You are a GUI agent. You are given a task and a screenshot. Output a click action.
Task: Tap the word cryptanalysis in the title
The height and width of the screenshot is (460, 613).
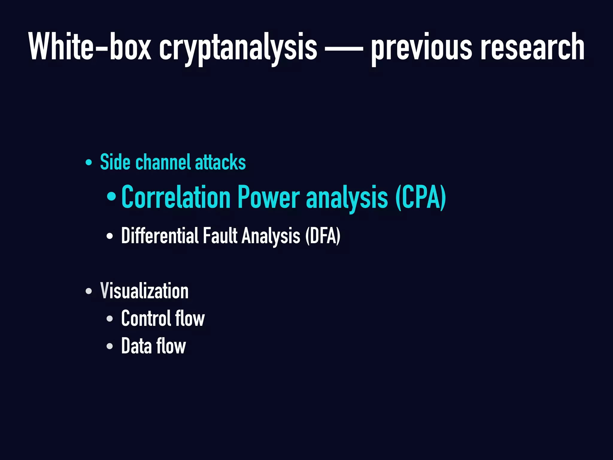[238, 48]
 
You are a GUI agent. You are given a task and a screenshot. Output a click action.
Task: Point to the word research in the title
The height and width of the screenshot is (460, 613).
[532, 47]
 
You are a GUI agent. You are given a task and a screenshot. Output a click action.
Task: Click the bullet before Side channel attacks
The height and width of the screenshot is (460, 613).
[89, 163]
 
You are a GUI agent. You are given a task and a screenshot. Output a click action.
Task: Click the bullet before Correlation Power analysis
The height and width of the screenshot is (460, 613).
[111, 197]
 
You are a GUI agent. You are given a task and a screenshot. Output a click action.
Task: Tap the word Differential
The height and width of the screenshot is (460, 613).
[160, 236]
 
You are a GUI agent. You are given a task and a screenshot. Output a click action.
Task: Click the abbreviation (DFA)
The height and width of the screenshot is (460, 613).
[323, 236]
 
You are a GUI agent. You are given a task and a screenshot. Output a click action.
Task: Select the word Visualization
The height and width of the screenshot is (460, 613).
[144, 291]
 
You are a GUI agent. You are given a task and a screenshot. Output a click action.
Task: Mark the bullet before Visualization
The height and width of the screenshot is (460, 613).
[89, 291]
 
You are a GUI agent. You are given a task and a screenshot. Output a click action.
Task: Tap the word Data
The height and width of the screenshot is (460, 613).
[136, 346]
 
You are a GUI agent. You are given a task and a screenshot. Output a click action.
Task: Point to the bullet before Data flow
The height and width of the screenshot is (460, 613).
[110, 346]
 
